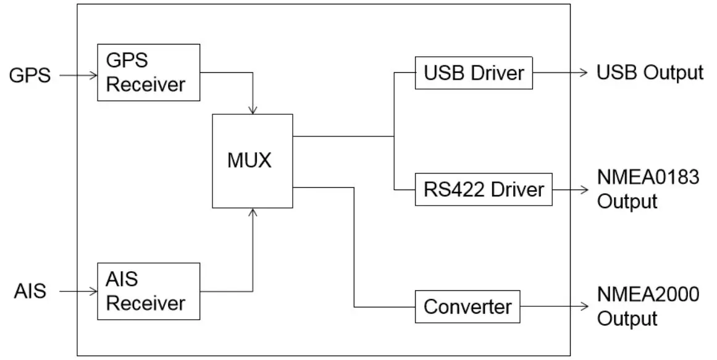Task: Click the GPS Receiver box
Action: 149,72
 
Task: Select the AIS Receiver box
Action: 149,291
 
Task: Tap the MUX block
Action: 252,161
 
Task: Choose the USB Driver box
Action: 474,73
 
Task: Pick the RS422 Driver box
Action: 484,189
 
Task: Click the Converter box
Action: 468,306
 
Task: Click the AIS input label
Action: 30,291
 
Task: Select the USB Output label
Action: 650,73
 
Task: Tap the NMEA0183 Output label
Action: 647,189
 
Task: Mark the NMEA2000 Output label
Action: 647,306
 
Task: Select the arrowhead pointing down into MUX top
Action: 253,110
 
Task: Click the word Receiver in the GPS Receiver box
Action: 146,84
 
